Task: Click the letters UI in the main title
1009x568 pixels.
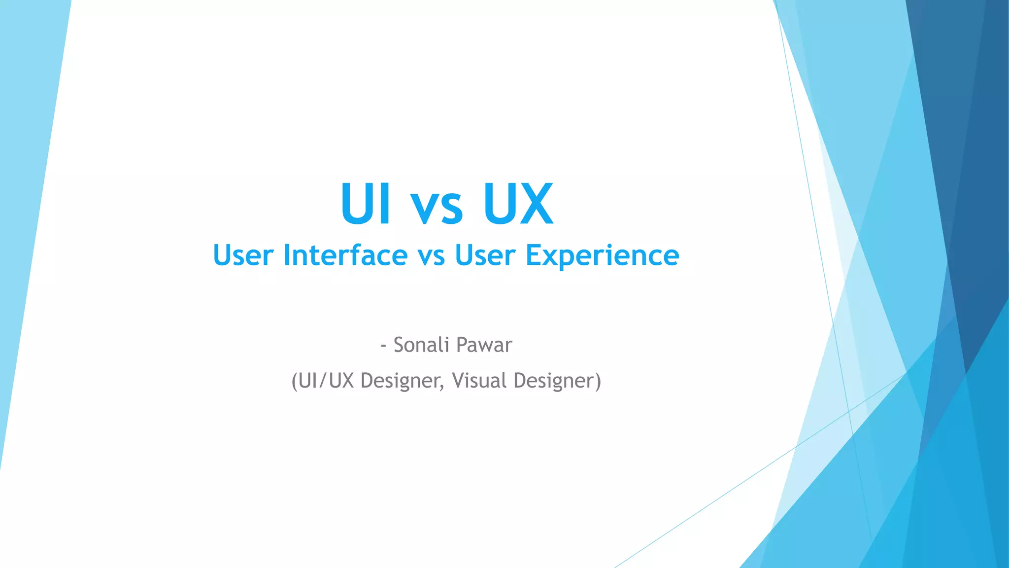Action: click(x=366, y=204)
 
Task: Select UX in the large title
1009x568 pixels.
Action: click(x=518, y=204)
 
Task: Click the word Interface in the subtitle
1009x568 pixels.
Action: click(x=345, y=255)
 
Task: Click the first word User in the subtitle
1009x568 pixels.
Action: click(x=243, y=255)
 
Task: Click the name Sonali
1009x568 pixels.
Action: click(x=420, y=345)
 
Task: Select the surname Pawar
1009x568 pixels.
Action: click(x=483, y=345)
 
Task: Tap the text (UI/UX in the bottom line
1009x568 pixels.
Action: click(x=323, y=381)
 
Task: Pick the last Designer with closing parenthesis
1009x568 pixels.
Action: click(x=557, y=381)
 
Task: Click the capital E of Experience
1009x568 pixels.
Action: click(x=533, y=255)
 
